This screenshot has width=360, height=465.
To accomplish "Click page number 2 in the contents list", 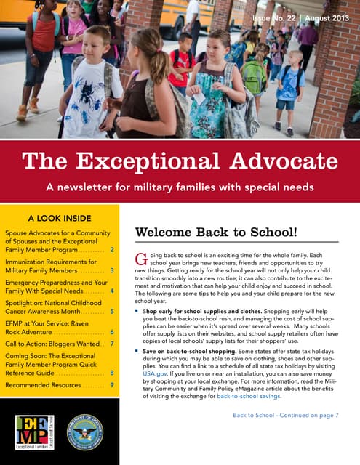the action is (x=112, y=249).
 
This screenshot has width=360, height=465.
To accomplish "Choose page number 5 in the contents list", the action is (x=112, y=311).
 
